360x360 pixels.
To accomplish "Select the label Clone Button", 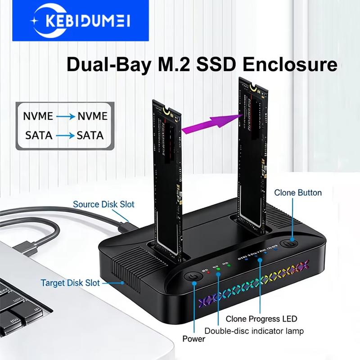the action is point(298,193).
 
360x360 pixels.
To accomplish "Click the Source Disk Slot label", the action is point(103,204).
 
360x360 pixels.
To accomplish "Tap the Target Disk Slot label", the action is point(70,283).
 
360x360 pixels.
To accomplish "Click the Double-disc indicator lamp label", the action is point(254,331).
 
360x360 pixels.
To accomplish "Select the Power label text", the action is point(194,338).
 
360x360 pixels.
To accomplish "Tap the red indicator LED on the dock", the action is point(208,273).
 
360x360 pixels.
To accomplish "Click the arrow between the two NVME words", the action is point(66,117).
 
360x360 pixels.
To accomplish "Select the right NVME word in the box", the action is point(92,117).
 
